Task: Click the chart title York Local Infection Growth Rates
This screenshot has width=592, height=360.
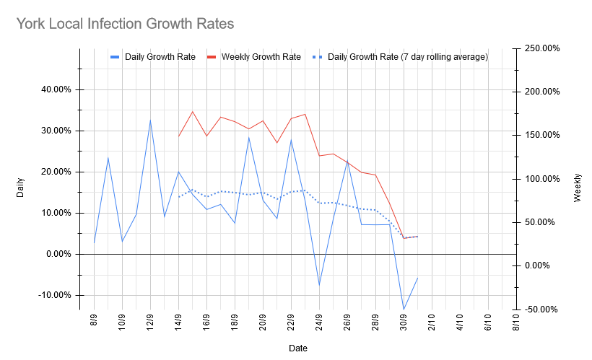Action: coord(125,24)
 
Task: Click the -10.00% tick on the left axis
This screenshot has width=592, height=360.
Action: coord(55,295)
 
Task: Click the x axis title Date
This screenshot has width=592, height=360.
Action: coord(297,348)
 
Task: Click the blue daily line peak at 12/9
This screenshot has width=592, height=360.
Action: coord(150,120)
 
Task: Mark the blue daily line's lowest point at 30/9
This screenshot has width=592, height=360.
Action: coord(404,309)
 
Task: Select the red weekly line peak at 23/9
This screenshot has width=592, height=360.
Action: coord(305,114)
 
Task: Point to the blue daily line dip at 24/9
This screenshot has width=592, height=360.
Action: coord(319,284)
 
